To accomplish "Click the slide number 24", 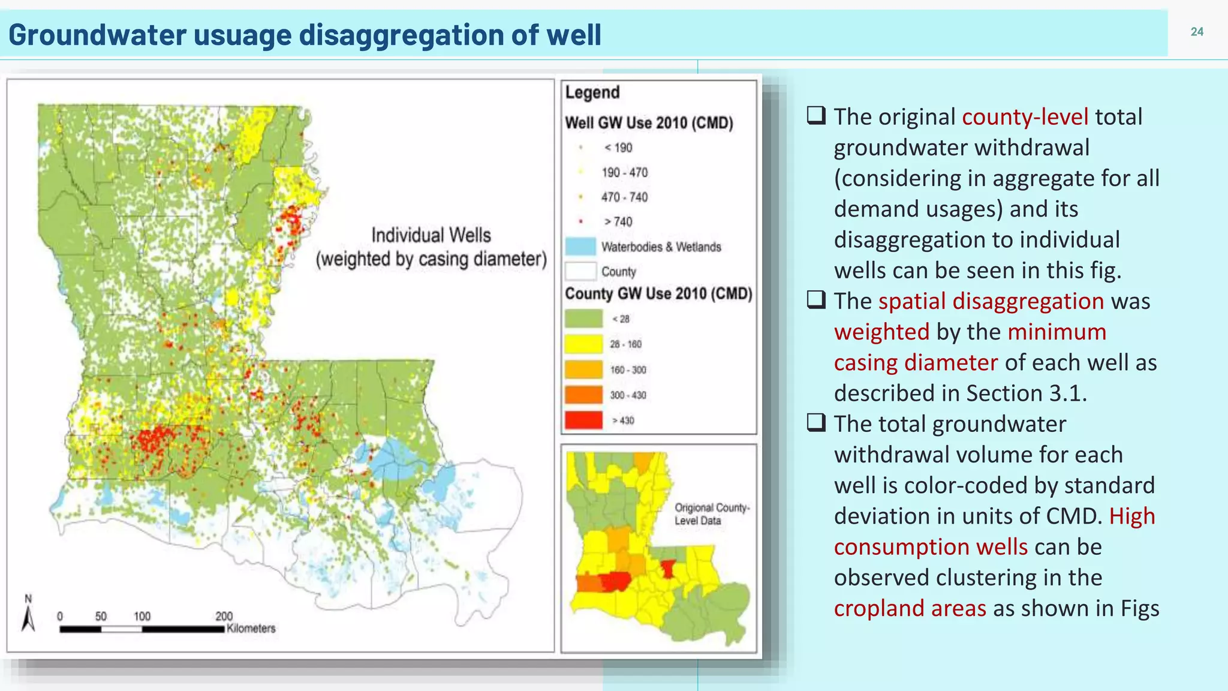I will tap(1197, 32).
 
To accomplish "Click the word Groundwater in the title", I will tap(97, 35).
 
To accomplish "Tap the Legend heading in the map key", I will tap(592, 92).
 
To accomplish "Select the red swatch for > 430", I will tap(583, 420).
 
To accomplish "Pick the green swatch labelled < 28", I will tap(583, 319).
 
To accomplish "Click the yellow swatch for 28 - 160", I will tap(583, 344).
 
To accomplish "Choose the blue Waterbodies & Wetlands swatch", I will tap(580, 247).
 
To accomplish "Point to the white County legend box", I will tap(580, 271).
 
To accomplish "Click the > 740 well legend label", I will tap(618, 222).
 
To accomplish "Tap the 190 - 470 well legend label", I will tap(624, 173).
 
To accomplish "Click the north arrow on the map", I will tap(28, 615).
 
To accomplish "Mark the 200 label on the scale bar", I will tap(224, 616).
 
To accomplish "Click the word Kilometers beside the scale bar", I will tap(251, 629).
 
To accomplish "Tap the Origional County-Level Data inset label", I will tap(712, 514).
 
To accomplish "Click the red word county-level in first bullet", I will tap(1025, 116).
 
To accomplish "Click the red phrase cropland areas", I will tap(910, 608).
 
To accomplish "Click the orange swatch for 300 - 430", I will tap(583, 395).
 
